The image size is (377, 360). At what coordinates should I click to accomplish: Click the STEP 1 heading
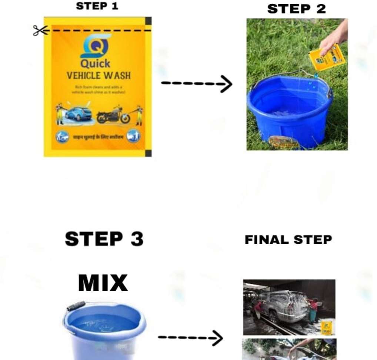click(97, 6)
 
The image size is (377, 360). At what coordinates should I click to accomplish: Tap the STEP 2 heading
click(296, 9)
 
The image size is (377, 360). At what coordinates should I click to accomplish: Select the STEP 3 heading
click(104, 239)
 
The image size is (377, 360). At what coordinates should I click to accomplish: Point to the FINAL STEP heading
click(288, 240)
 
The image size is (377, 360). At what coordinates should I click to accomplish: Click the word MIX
click(103, 284)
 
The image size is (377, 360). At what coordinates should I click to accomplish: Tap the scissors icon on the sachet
click(40, 30)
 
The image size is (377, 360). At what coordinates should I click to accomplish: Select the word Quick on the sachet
click(96, 63)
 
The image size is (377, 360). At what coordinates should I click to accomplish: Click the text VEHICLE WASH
click(99, 76)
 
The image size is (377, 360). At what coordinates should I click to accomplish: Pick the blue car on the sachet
click(78, 113)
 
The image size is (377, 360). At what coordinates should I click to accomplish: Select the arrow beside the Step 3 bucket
click(190, 337)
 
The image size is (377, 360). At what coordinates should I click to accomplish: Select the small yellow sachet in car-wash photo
click(326, 327)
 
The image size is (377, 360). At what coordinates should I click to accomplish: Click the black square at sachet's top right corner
click(148, 21)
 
